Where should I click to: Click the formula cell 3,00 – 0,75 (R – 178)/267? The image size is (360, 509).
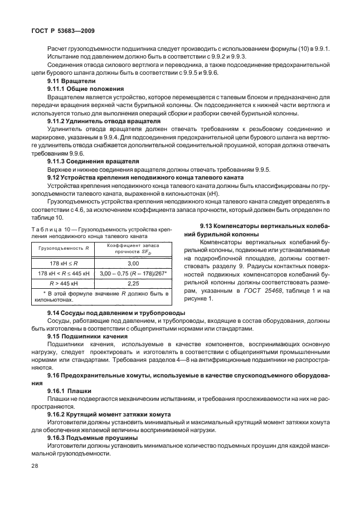coord(133,273)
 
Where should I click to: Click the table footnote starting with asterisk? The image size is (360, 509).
coord(100,295)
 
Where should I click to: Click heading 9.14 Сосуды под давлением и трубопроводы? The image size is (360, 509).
coord(116,313)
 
